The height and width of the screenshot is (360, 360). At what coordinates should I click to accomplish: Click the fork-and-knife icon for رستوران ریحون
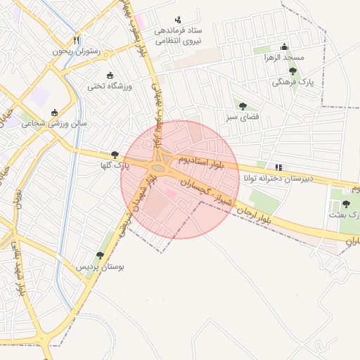tap(77, 40)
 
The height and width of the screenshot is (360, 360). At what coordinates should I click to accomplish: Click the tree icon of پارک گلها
tap(115, 155)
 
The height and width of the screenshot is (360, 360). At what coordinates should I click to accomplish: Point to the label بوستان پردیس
tap(99, 267)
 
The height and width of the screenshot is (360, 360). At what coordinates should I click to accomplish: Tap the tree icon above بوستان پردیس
tap(100, 255)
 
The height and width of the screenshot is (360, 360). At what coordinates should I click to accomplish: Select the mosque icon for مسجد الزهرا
tap(284, 46)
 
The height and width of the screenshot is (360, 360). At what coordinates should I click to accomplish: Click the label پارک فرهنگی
tap(292, 82)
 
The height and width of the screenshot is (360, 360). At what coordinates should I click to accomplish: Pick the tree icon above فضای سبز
tap(243, 106)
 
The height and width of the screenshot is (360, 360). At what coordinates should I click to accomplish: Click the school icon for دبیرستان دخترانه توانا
tap(279, 167)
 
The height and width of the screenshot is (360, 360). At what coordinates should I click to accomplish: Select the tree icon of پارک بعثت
tap(345, 204)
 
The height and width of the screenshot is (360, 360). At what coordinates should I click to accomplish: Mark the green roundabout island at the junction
tap(160, 168)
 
